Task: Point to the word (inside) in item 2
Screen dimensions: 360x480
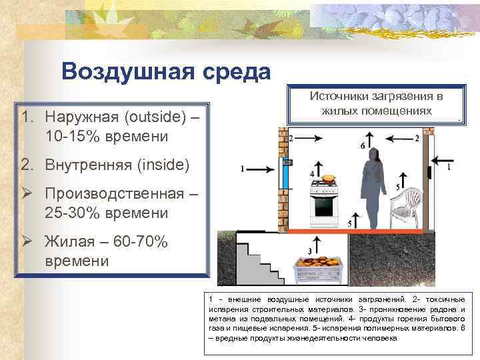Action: coord(160,164)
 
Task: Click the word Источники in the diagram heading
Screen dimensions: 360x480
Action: coord(339,97)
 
